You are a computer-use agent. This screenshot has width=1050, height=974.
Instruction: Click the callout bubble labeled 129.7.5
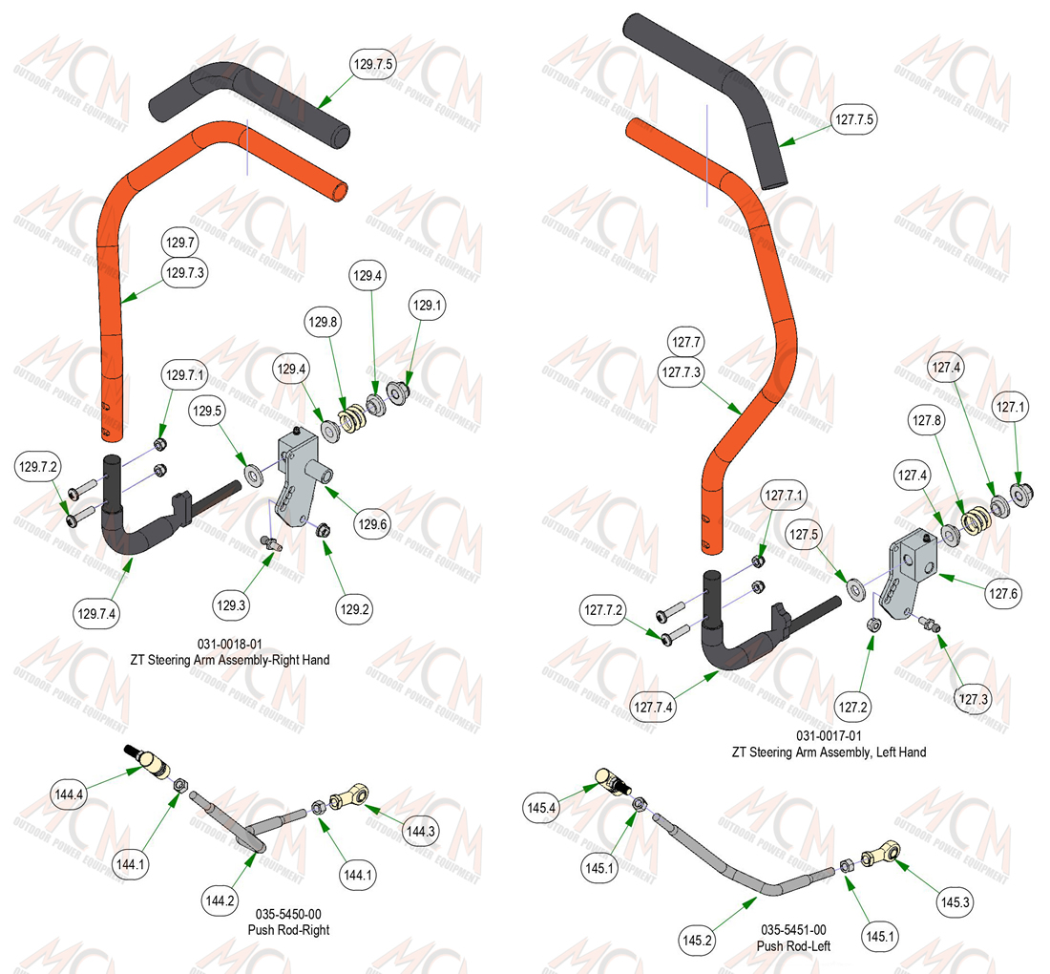tap(373, 64)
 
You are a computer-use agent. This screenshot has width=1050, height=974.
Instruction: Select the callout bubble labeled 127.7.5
tap(854, 119)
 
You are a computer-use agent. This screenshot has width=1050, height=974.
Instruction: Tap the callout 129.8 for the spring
tap(323, 322)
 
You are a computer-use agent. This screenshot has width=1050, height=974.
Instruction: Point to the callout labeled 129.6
tap(372, 524)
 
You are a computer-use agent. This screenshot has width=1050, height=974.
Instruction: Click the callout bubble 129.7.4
tap(96, 614)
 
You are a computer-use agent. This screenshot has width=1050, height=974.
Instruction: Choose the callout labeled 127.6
tap(1003, 594)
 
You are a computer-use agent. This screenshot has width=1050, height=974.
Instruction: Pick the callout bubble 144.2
tap(220, 900)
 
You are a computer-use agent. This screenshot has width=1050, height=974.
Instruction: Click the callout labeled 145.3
tap(955, 901)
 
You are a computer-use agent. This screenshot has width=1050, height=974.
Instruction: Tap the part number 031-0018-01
tap(230, 644)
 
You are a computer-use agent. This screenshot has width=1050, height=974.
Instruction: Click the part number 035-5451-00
tap(793, 930)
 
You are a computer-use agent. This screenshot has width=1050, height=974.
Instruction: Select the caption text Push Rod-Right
tap(288, 930)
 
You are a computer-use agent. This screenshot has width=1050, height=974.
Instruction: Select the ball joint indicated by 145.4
tap(614, 781)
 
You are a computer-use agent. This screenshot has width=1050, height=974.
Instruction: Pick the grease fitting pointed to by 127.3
tap(930, 624)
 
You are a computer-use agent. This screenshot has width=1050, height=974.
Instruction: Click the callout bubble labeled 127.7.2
tap(603, 610)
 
